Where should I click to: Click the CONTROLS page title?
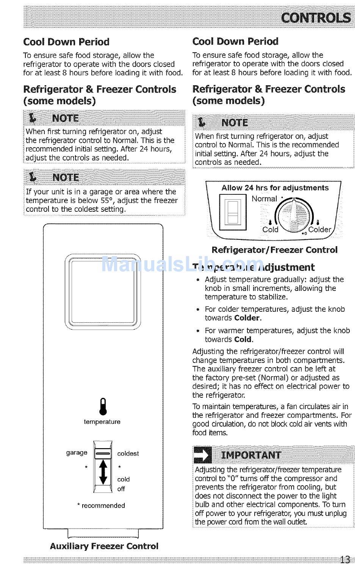click(x=315, y=18)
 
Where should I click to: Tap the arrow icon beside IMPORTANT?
click(x=202, y=455)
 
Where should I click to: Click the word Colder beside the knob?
click(x=319, y=230)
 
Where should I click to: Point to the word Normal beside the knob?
click(x=264, y=199)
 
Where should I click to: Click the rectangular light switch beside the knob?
click(x=233, y=213)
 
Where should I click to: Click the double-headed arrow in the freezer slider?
click(x=103, y=472)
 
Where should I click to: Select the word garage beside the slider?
click(x=77, y=452)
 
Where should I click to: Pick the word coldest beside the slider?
click(x=128, y=453)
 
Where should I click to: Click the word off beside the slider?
click(x=121, y=489)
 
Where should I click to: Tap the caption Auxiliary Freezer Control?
click(x=104, y=546)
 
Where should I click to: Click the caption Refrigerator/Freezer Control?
click(x=274, y=250)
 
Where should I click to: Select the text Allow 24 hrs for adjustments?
click(x=275, y=188)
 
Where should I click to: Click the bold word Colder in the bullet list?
click(x=247, y=318)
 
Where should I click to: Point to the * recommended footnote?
click(x=101, y=505)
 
